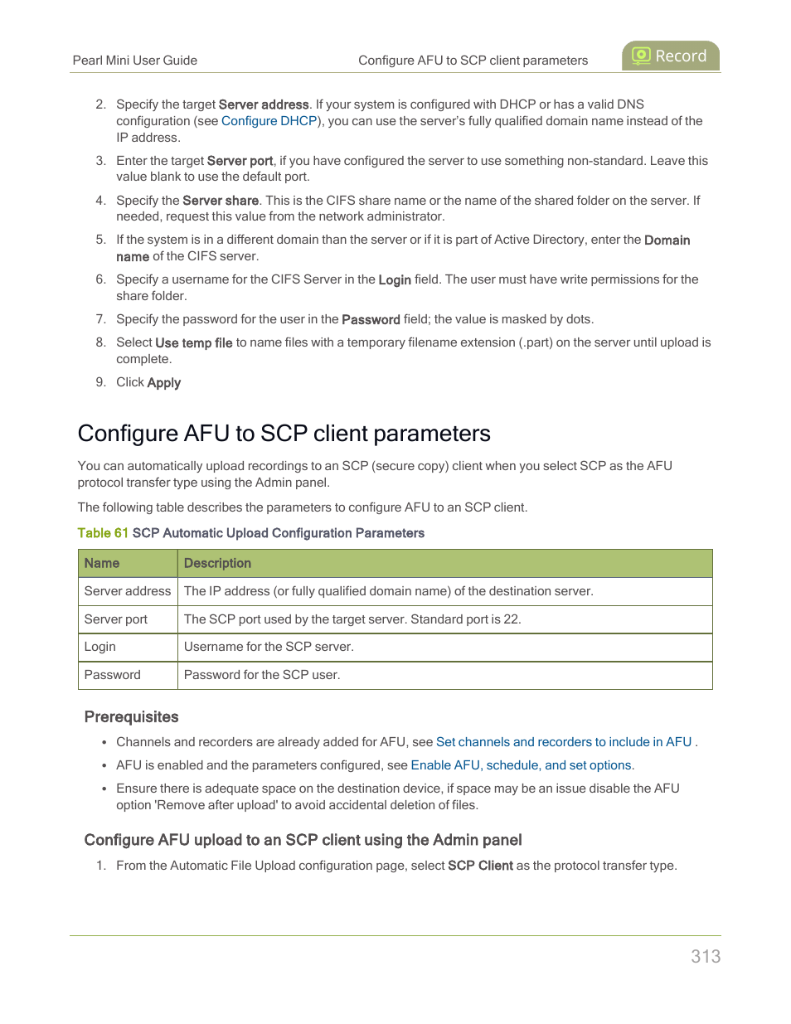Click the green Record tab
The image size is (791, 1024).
click(x=670, y=56)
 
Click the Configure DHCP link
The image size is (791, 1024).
click(x=269, y=121)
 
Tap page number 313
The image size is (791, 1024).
click(x=705, y=956)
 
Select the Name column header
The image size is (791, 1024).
click(x=102, y=563)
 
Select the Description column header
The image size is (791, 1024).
click(x=217, y=563)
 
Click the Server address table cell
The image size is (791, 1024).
click(x=127, y=591)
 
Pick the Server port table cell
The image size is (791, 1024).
click(x=116, y=619)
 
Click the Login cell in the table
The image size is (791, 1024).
click(x=100, y=647)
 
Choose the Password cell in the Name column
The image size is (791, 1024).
click(x=113, y=675)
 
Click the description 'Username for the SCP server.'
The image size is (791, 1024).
click(x=269, y=647)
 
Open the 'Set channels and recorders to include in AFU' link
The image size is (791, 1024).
click(x=563, y=742)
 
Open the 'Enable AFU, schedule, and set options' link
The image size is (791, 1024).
click(x=522, y=765)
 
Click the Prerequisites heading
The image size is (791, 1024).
click(x=131, y=717)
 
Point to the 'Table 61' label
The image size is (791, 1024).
click(x=103, y=533)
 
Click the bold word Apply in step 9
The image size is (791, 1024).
click(x=163, y=382)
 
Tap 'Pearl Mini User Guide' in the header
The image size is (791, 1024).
click(x=135, y=61)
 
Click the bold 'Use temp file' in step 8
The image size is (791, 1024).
click(x=193, y=342)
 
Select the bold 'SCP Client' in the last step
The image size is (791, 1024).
click(x=480, y=866)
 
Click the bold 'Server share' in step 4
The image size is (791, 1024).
click(x=221, y=201)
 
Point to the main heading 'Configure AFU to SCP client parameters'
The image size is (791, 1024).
click(x=284, y=434)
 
